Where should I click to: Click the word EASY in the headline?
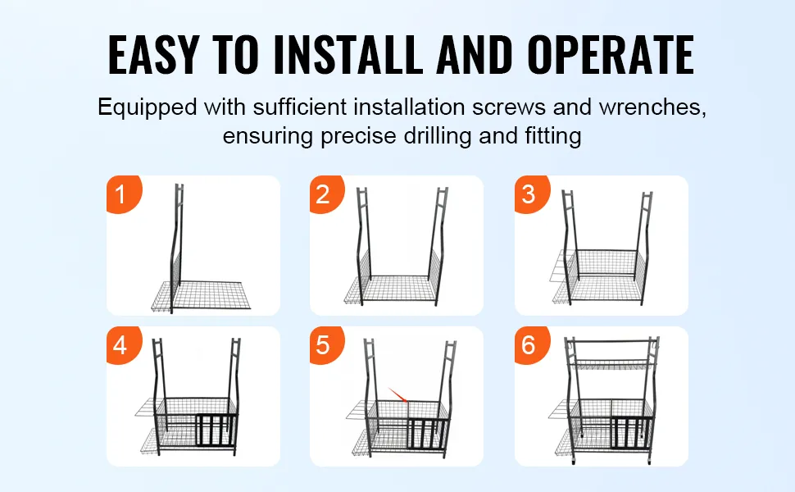[152, 55]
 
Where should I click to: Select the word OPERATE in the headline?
[611, 55]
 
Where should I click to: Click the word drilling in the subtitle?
[437, 136]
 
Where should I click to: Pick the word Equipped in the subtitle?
[147, 108]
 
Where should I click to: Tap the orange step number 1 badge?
[122, 194]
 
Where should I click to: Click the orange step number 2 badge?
[326, 194]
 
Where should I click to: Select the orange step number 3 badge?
[531, 194]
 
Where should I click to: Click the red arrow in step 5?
[398, 395]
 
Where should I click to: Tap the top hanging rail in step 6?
[612, 341]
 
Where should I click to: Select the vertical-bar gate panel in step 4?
[216, 431]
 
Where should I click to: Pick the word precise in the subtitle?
[358, 136]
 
